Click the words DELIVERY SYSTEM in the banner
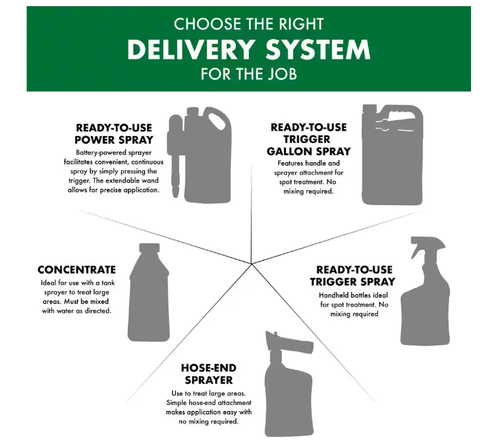point(248,50)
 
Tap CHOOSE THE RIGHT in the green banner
point(248,25)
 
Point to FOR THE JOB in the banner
point(248,74)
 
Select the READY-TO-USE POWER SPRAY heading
point(114,133)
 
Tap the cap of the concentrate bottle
point(149,248)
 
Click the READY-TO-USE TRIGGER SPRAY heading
point(352,276)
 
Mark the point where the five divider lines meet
point(252,263)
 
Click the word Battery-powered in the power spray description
point(95,152)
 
